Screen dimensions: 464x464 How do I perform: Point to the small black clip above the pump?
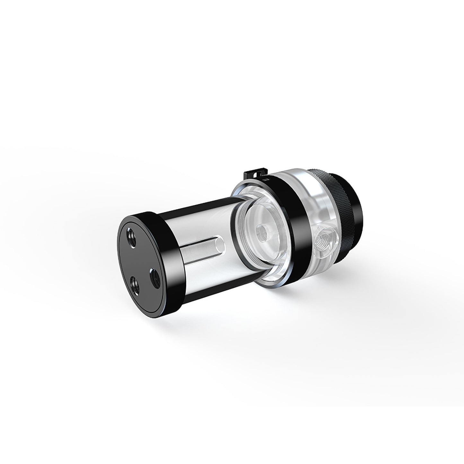(255, 174)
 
